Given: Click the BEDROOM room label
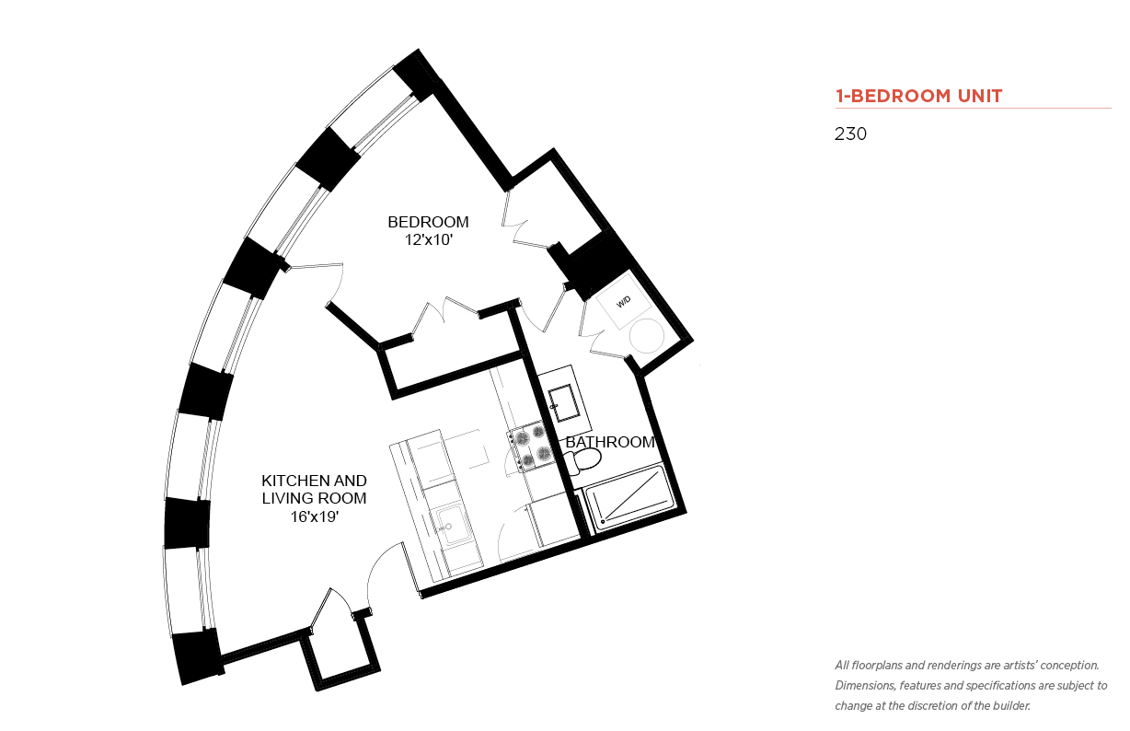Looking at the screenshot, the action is tap(428, 222).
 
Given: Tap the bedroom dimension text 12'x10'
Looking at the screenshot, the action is tap(428, 240).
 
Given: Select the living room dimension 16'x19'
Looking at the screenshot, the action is tap(314, 517).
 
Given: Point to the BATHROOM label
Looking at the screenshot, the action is tap(610, 442).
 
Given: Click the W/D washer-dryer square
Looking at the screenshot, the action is tap(624, 302).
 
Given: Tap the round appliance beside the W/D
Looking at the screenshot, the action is tap(646, 336).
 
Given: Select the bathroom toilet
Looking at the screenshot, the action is tap(582, 461).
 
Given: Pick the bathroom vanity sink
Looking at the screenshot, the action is tap(563, 402).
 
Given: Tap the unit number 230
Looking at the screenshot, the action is tap(850, 134).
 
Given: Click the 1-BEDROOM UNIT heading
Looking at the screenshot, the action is tap(918, 96).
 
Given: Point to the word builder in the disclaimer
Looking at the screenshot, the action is tap(1010, 706).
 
